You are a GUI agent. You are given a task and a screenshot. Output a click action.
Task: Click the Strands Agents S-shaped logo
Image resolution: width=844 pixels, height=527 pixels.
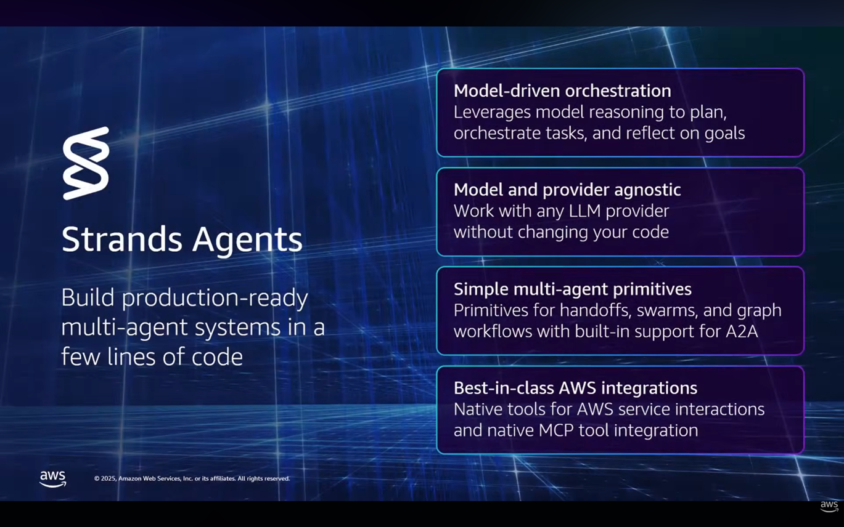click(86, 163)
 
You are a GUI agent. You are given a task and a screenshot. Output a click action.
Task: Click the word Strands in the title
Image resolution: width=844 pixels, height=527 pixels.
click(122, 239)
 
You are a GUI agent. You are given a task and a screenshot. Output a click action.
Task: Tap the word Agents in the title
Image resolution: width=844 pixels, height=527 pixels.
click(248, 241)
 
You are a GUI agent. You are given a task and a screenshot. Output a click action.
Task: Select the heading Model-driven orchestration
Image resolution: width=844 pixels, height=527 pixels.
click(562, 91)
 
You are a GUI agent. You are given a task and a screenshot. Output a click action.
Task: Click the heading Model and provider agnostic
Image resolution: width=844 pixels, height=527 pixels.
click(567, 190)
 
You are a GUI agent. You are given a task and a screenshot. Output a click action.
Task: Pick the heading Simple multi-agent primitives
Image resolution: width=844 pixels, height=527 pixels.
click(572, 289)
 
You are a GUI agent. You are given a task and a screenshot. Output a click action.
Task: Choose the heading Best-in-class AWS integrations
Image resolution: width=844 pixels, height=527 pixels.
click(575, 388)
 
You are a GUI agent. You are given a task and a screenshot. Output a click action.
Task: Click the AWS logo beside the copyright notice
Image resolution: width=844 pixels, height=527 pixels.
click(53, 479)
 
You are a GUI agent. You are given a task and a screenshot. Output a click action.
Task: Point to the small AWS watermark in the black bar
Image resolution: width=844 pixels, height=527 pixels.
click(829, 506)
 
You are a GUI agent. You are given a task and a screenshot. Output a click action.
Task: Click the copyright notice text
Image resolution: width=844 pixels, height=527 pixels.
click(192, 478)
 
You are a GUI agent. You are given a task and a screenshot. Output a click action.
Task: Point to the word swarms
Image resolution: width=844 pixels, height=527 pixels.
click(667, 311)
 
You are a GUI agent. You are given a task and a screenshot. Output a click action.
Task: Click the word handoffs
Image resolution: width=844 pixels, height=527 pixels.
click(595, 310)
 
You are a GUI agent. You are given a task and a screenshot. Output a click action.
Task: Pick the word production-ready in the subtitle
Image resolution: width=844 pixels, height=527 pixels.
click(215, 299)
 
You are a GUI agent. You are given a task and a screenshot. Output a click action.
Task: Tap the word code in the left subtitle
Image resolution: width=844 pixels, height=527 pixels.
click(218, 356)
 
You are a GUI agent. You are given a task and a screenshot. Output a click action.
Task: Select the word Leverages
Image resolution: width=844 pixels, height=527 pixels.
click(492, 113)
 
